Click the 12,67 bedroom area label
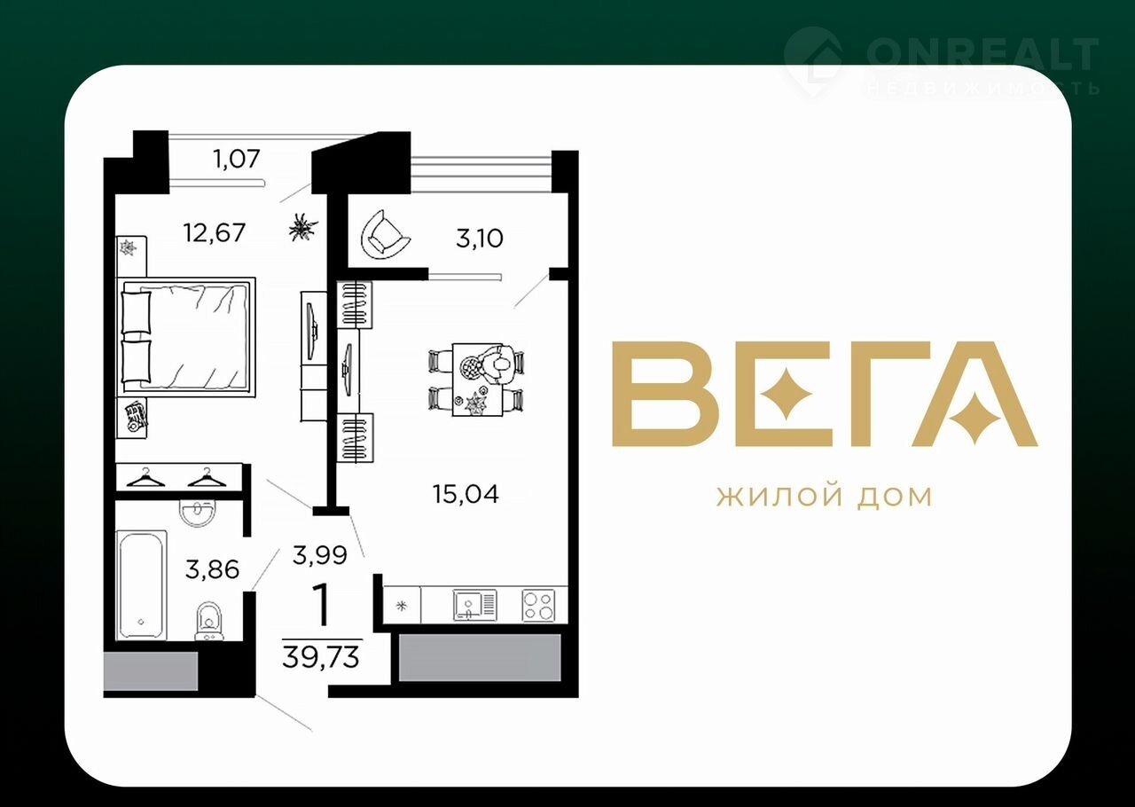(x=215, y=233)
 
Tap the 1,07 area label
(x=237, y=159)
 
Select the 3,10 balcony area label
(x=480, y=239)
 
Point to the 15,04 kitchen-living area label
(x=466, y=494)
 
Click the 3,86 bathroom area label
(x=212, y=569)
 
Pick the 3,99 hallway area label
(x=320, y=555)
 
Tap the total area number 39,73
(x=321, y=657)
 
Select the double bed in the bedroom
(x=186, y=337)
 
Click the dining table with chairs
(x=477, y=380)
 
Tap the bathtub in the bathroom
(x=141, y=585)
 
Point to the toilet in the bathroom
(x=208, y=622)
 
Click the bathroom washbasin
(x=197, y=513)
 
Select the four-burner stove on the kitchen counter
(x=538, y=606)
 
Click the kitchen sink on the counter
(x=474, y=605)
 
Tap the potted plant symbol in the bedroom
(x=303, y=227)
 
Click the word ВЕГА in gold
(x=825, y=394)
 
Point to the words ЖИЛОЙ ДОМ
(x=825, y=497)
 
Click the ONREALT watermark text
(x=982, y=55)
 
